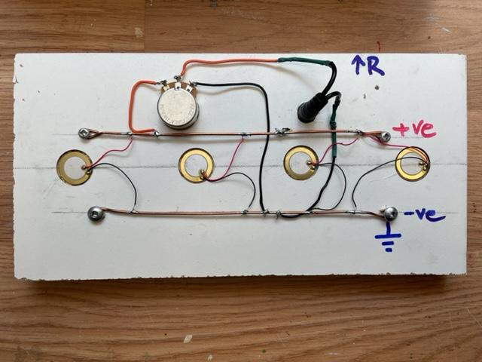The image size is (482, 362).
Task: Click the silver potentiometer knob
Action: click(x=178, y=107)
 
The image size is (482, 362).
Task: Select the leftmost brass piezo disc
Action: click(x=75, y=167)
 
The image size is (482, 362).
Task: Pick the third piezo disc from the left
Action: click(x=300, y=162)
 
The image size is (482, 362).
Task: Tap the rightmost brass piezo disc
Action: click(x=412, y=164)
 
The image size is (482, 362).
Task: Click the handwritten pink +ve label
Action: click(x=414, y=129)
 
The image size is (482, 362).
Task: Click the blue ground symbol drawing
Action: click(x=389, y=241)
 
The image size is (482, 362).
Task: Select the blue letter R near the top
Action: click(x=374, y=67)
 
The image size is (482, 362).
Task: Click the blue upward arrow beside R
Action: click(x=357, y=65)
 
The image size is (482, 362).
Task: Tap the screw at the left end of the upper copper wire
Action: click(x=83, y=133)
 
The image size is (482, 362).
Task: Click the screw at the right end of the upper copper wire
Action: click(x=385, y=137)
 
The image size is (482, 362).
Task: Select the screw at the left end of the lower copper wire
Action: click(x=95, y=213)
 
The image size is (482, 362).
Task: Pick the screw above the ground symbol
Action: click(x=389, y=213)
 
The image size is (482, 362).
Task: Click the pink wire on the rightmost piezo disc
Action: click(x=399, y=143)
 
